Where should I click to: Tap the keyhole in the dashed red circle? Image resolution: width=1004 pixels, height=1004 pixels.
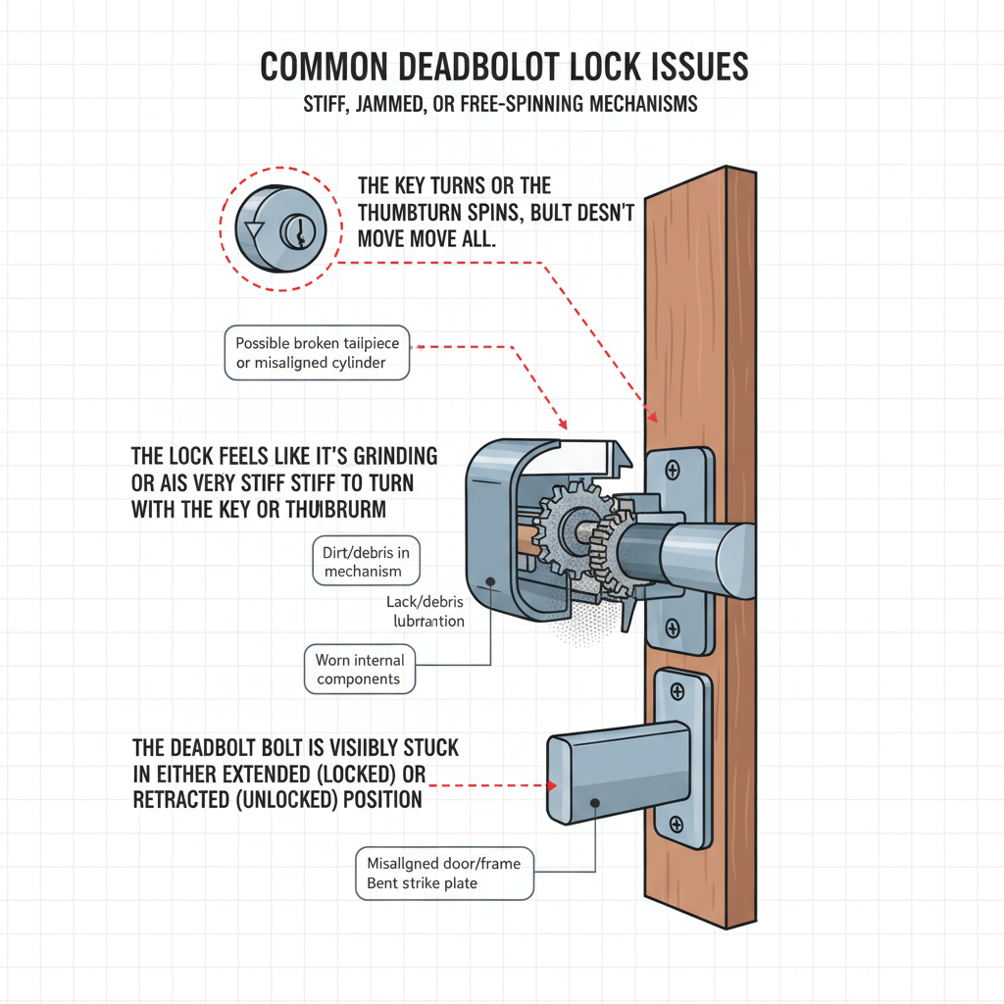(x=294, y=231)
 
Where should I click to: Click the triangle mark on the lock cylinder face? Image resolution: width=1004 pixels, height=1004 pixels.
(x=255, y=232)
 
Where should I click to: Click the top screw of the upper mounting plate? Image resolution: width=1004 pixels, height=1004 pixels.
(x=672, y=472)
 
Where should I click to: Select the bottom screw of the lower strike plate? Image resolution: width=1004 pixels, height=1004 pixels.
(x=676, y=824)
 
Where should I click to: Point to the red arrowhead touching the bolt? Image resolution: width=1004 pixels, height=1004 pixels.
(x=552, y=784)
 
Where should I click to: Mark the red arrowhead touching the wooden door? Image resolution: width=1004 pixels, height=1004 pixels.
(x=652, y=417)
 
